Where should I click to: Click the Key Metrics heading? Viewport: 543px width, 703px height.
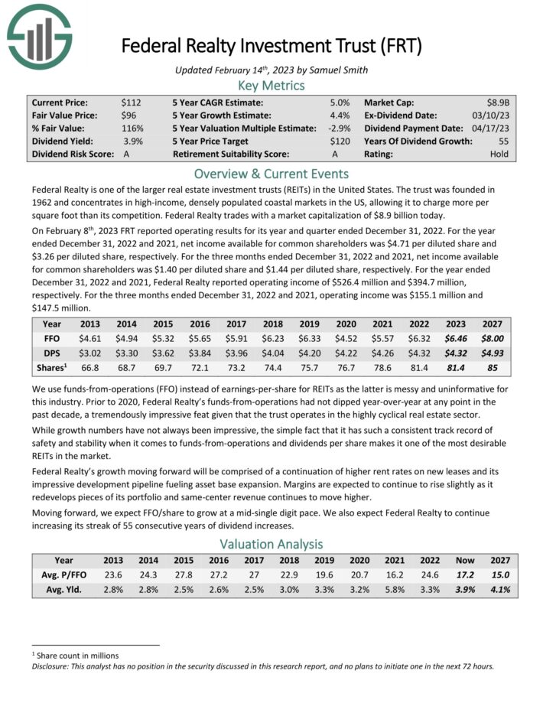(271, 86)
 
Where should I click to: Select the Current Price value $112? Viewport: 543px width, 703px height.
(132, 102)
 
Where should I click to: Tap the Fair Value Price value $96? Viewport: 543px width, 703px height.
(132, 115)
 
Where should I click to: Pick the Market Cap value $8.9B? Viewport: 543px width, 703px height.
(499, 102)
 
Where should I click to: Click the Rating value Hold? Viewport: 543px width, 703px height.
(499, 154)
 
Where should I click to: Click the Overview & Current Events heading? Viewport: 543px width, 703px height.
(271, 174)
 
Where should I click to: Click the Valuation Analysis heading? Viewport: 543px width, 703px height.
(271, 545)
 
